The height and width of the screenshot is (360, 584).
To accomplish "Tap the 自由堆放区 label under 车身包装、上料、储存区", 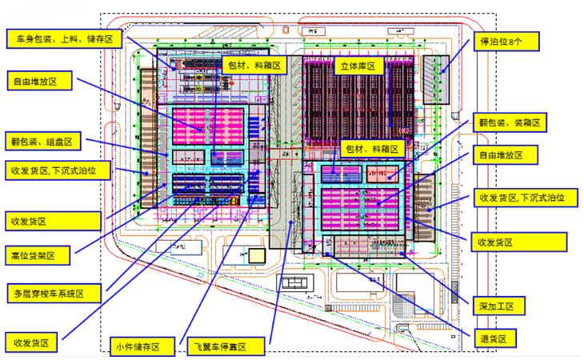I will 41,81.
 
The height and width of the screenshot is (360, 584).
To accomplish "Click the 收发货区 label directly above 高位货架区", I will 30,219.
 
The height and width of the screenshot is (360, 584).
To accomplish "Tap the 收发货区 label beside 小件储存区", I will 30,343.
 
